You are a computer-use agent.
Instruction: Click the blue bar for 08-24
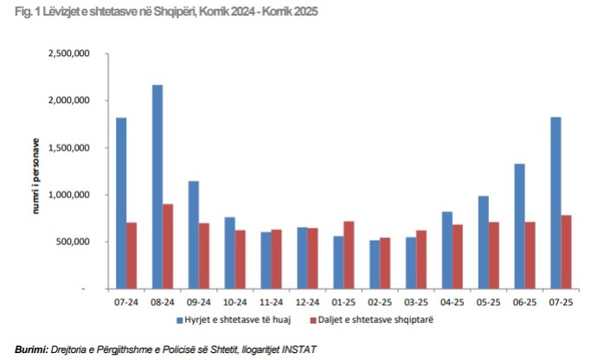tap(157, 186)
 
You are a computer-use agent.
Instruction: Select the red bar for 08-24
tap(168, 246)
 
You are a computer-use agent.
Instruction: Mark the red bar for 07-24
tap(132, 254)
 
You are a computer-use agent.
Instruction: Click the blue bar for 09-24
tap(194, 234)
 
